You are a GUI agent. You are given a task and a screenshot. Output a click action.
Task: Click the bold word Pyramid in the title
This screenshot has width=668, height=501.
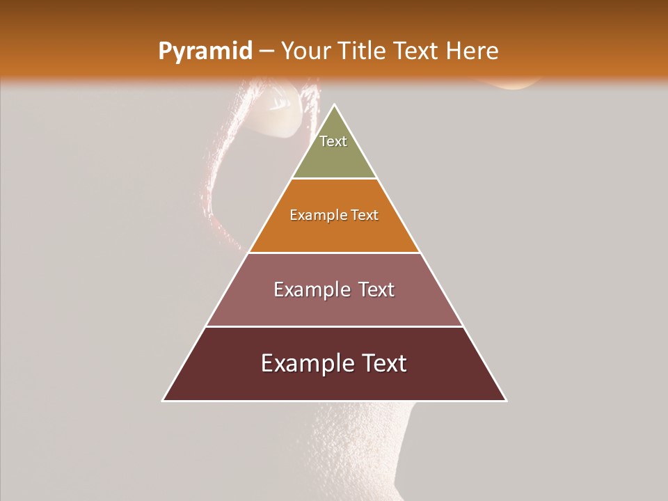[x=205, y=51]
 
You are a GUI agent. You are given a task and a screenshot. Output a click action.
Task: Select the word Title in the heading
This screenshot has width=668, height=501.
[x=363, y=51]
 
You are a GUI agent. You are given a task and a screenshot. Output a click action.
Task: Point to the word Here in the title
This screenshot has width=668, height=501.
[x=472, y=51]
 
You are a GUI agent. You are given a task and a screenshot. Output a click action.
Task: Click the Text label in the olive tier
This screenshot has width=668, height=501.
[x=333, y=141]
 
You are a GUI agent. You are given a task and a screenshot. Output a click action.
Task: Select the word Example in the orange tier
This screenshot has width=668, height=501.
[x=314, y=216]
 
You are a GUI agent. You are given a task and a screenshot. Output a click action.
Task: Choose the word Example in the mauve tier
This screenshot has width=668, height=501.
[x=310, y=290]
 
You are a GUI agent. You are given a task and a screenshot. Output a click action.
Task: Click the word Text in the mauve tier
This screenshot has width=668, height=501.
[x=376, y=289]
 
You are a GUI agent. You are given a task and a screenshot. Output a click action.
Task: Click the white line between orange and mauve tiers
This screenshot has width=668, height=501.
[x=335, y=253]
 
